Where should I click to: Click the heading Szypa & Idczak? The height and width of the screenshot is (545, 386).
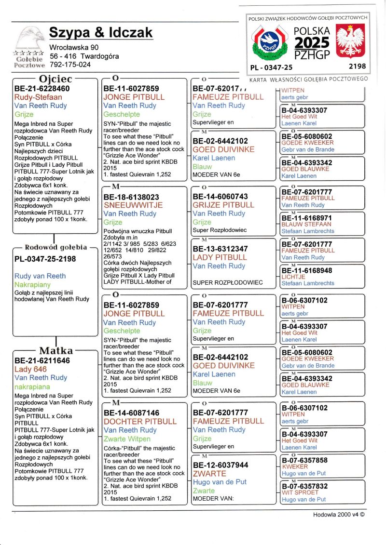click(101, 33)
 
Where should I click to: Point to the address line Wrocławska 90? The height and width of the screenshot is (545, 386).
click(74, 47)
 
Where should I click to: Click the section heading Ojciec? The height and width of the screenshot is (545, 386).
click(55, 79)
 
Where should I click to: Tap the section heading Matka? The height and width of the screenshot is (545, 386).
click(56, 350)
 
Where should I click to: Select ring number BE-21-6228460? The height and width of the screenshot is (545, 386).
click(42, 89)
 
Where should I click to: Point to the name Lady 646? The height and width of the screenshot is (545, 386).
click(31, 369)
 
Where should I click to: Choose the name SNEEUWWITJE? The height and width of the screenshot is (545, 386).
click(133, 205)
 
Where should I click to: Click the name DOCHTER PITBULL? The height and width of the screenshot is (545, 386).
click(140, 421)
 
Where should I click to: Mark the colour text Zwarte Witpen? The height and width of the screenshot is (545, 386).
click(127, 439)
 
